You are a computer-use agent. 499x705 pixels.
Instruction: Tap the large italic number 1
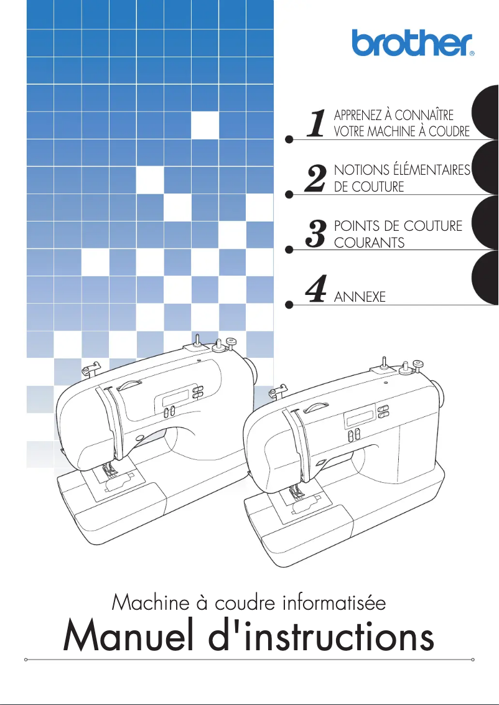(317, 123)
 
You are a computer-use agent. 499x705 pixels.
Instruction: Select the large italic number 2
(317, 179)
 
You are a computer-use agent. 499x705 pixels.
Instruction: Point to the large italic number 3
(317, 233)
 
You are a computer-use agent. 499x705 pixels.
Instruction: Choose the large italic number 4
(317, 289)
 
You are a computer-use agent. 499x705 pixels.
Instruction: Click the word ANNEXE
(360, 297)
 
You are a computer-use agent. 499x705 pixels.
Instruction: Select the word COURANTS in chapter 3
(370, 242)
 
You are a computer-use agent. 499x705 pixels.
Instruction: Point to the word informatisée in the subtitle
(334, 602)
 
